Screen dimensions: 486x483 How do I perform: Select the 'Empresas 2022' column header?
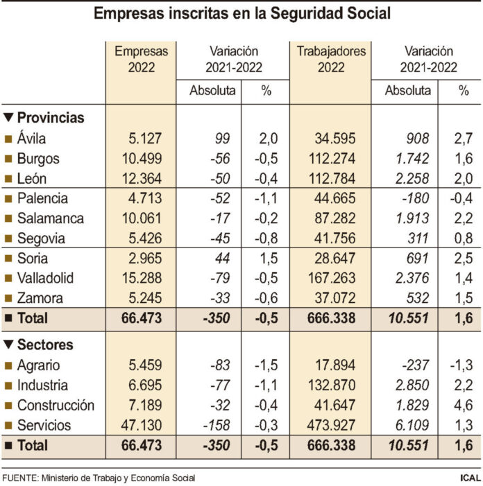(x=141, y=59)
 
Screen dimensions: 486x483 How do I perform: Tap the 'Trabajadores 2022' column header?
(x=330, y=59)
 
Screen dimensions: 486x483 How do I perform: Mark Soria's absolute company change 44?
(x=224, y=259)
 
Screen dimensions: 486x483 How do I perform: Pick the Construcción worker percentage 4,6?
(x=463, y=406)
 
